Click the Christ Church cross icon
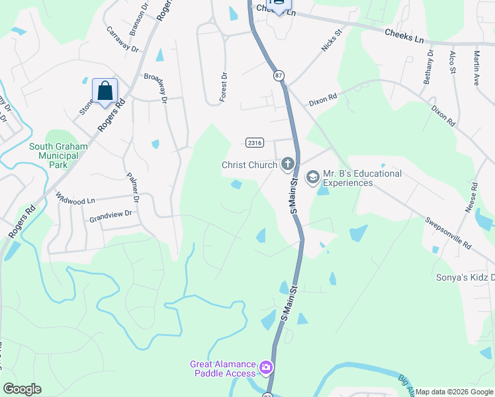point(287,163)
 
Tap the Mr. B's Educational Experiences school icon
point(312,177)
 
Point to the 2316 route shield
point(255,142)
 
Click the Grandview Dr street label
point(111,214)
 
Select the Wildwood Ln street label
point(75,198)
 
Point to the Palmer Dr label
point(133,188)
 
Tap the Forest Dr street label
point(224,85)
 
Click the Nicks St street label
point(331,40)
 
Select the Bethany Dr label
point(430,66)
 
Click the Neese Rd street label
point(471,198)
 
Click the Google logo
point(22,389)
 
